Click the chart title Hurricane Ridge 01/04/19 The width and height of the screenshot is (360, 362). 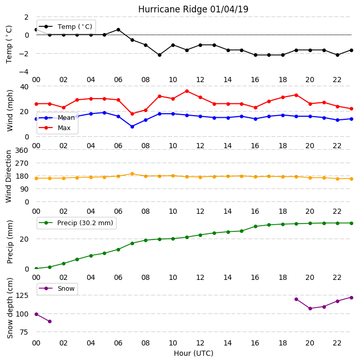tap(193, 9)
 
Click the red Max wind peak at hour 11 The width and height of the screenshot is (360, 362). tap(187, 91)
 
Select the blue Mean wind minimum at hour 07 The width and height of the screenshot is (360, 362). tap(132, 127)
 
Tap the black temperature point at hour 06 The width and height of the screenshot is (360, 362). tap(118, 29)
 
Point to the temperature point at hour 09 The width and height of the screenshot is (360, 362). tap(159, 55)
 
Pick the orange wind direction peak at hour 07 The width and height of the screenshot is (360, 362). tap(132, 174)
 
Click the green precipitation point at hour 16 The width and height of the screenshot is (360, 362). tap(255, 226)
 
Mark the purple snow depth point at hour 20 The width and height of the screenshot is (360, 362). tap(310, 308)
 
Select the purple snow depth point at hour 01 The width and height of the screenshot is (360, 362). tap(50, 321)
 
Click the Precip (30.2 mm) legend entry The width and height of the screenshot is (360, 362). tap(76, 223)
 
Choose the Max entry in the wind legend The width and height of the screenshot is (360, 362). tap(55, 128)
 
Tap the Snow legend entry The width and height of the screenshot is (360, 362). tap(57, 288)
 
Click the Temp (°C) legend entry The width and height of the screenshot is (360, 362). tap(66, 26)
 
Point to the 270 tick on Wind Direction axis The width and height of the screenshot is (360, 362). tap(22, 163)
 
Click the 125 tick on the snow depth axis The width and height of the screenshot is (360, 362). tap(22, 295)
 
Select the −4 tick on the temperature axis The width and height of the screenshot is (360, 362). tap(24, 72)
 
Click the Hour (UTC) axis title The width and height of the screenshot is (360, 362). tap(193, 353)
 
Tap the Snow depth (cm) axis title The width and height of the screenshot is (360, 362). tap(10, 308)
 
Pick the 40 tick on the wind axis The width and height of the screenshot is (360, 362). tap(24, 87)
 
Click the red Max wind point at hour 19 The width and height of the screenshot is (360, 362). tap(297, 95)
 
